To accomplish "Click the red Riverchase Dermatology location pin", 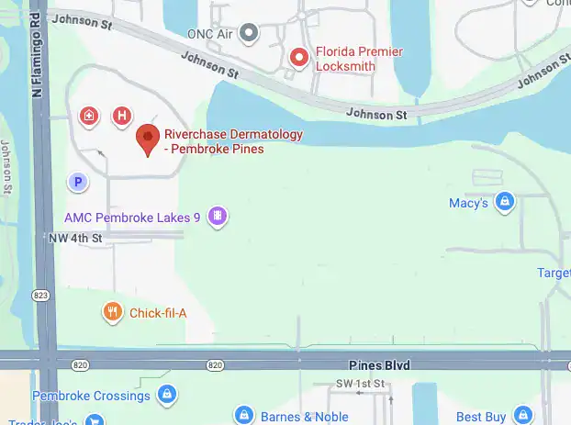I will [x=147, y=140].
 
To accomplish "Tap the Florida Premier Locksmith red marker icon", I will [x=298, y=57].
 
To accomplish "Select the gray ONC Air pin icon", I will [x=247, y=34].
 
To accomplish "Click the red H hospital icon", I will [x=120, y=116].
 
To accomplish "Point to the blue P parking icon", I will [x=79, y=183].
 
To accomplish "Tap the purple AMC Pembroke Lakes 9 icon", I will [x=218, y=217].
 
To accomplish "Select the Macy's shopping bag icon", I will [x=503, y=202].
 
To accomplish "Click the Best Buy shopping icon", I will [x=522, y=416].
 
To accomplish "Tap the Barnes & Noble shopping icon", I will [x=243, y=416].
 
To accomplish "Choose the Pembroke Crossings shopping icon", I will [x=166, y=396].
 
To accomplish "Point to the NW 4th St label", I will [x=74, y=238].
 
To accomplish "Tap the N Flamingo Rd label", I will [x=39, y=50].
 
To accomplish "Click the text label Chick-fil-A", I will [x=158, y=314].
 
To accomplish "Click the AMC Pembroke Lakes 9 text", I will [x=132, y=218].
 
